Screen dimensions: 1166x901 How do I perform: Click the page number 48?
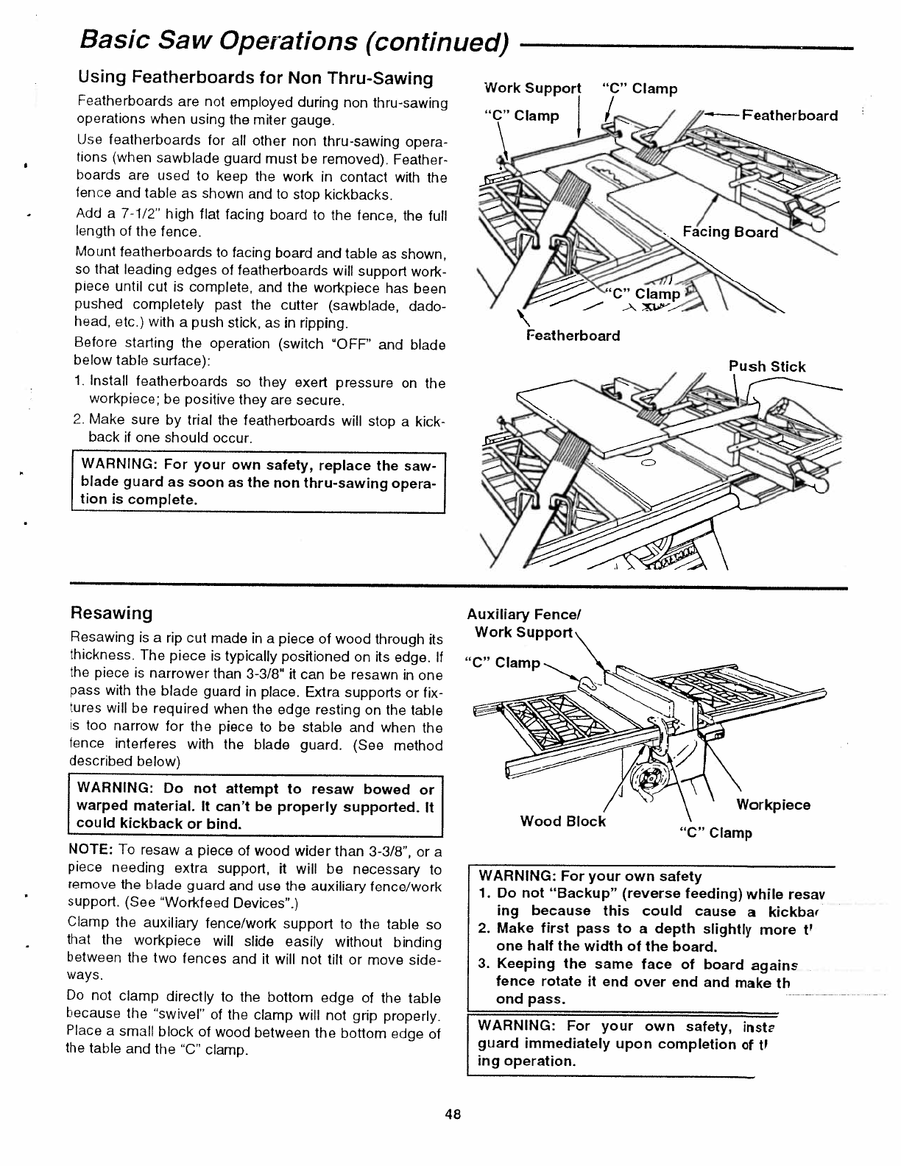click(x=452, y=1114)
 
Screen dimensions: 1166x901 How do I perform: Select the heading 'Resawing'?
click(x=111, y=613)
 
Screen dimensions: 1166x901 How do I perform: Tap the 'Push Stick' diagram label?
click(x=767, y=367)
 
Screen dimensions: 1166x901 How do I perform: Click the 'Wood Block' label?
click(x=562, y=821)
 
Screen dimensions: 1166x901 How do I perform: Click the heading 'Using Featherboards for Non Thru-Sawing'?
click(x=255, y=78)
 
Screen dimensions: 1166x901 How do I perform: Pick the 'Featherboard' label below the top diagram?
click(x=573, y=336)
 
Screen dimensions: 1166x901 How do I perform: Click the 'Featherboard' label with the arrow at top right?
click(x=789, y=116)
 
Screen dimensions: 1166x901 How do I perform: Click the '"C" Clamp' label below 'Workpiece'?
click(x=715, y=833)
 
